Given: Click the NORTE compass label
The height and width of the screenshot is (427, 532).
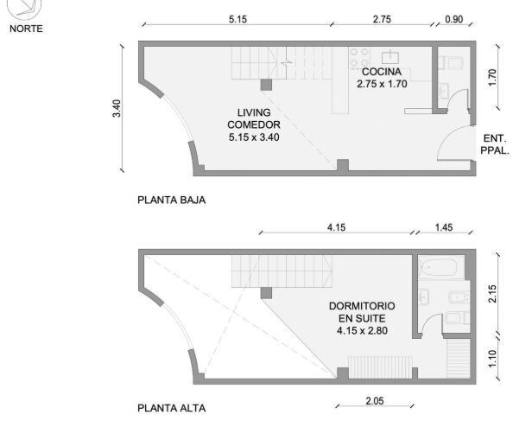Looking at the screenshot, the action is tap(26, 29).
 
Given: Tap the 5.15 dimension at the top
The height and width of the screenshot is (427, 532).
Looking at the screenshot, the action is tap(237, 19).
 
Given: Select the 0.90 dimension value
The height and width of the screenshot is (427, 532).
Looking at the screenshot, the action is tap(453, 19).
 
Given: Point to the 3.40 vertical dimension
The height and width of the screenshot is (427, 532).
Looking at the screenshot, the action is tap(117, 108).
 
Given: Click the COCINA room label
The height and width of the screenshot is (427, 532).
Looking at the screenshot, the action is tap(382, 72).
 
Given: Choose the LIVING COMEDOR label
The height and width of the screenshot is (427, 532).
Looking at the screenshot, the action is tap(254, 118).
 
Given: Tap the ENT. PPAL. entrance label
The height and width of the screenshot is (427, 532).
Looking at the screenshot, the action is tap(495, 144).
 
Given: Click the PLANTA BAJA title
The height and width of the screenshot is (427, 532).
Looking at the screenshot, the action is tap(171, 200).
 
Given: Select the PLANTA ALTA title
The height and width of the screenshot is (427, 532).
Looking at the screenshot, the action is tap(171, 408).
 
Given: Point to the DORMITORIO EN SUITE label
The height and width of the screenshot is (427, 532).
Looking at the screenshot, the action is tap(362, 312).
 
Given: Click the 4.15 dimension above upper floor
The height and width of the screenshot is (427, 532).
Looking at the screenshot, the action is tap(336, 227).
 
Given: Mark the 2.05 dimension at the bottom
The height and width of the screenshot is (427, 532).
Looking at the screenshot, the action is tap(375, 401).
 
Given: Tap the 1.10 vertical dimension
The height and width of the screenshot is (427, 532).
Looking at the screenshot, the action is tap(492, 359).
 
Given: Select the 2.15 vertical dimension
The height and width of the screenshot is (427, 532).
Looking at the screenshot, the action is tap(492, 294).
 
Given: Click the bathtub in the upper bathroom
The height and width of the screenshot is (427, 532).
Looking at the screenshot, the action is tap(441, 267).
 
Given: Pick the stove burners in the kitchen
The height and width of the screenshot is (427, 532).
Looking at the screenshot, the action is tap(359, 57).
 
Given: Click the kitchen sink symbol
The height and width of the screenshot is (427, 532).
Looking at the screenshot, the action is tap(390, 57).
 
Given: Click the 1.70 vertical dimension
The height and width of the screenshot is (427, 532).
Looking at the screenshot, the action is tap(492, 78).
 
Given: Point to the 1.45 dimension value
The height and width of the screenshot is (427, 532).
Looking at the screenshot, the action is tap(444, 227).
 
